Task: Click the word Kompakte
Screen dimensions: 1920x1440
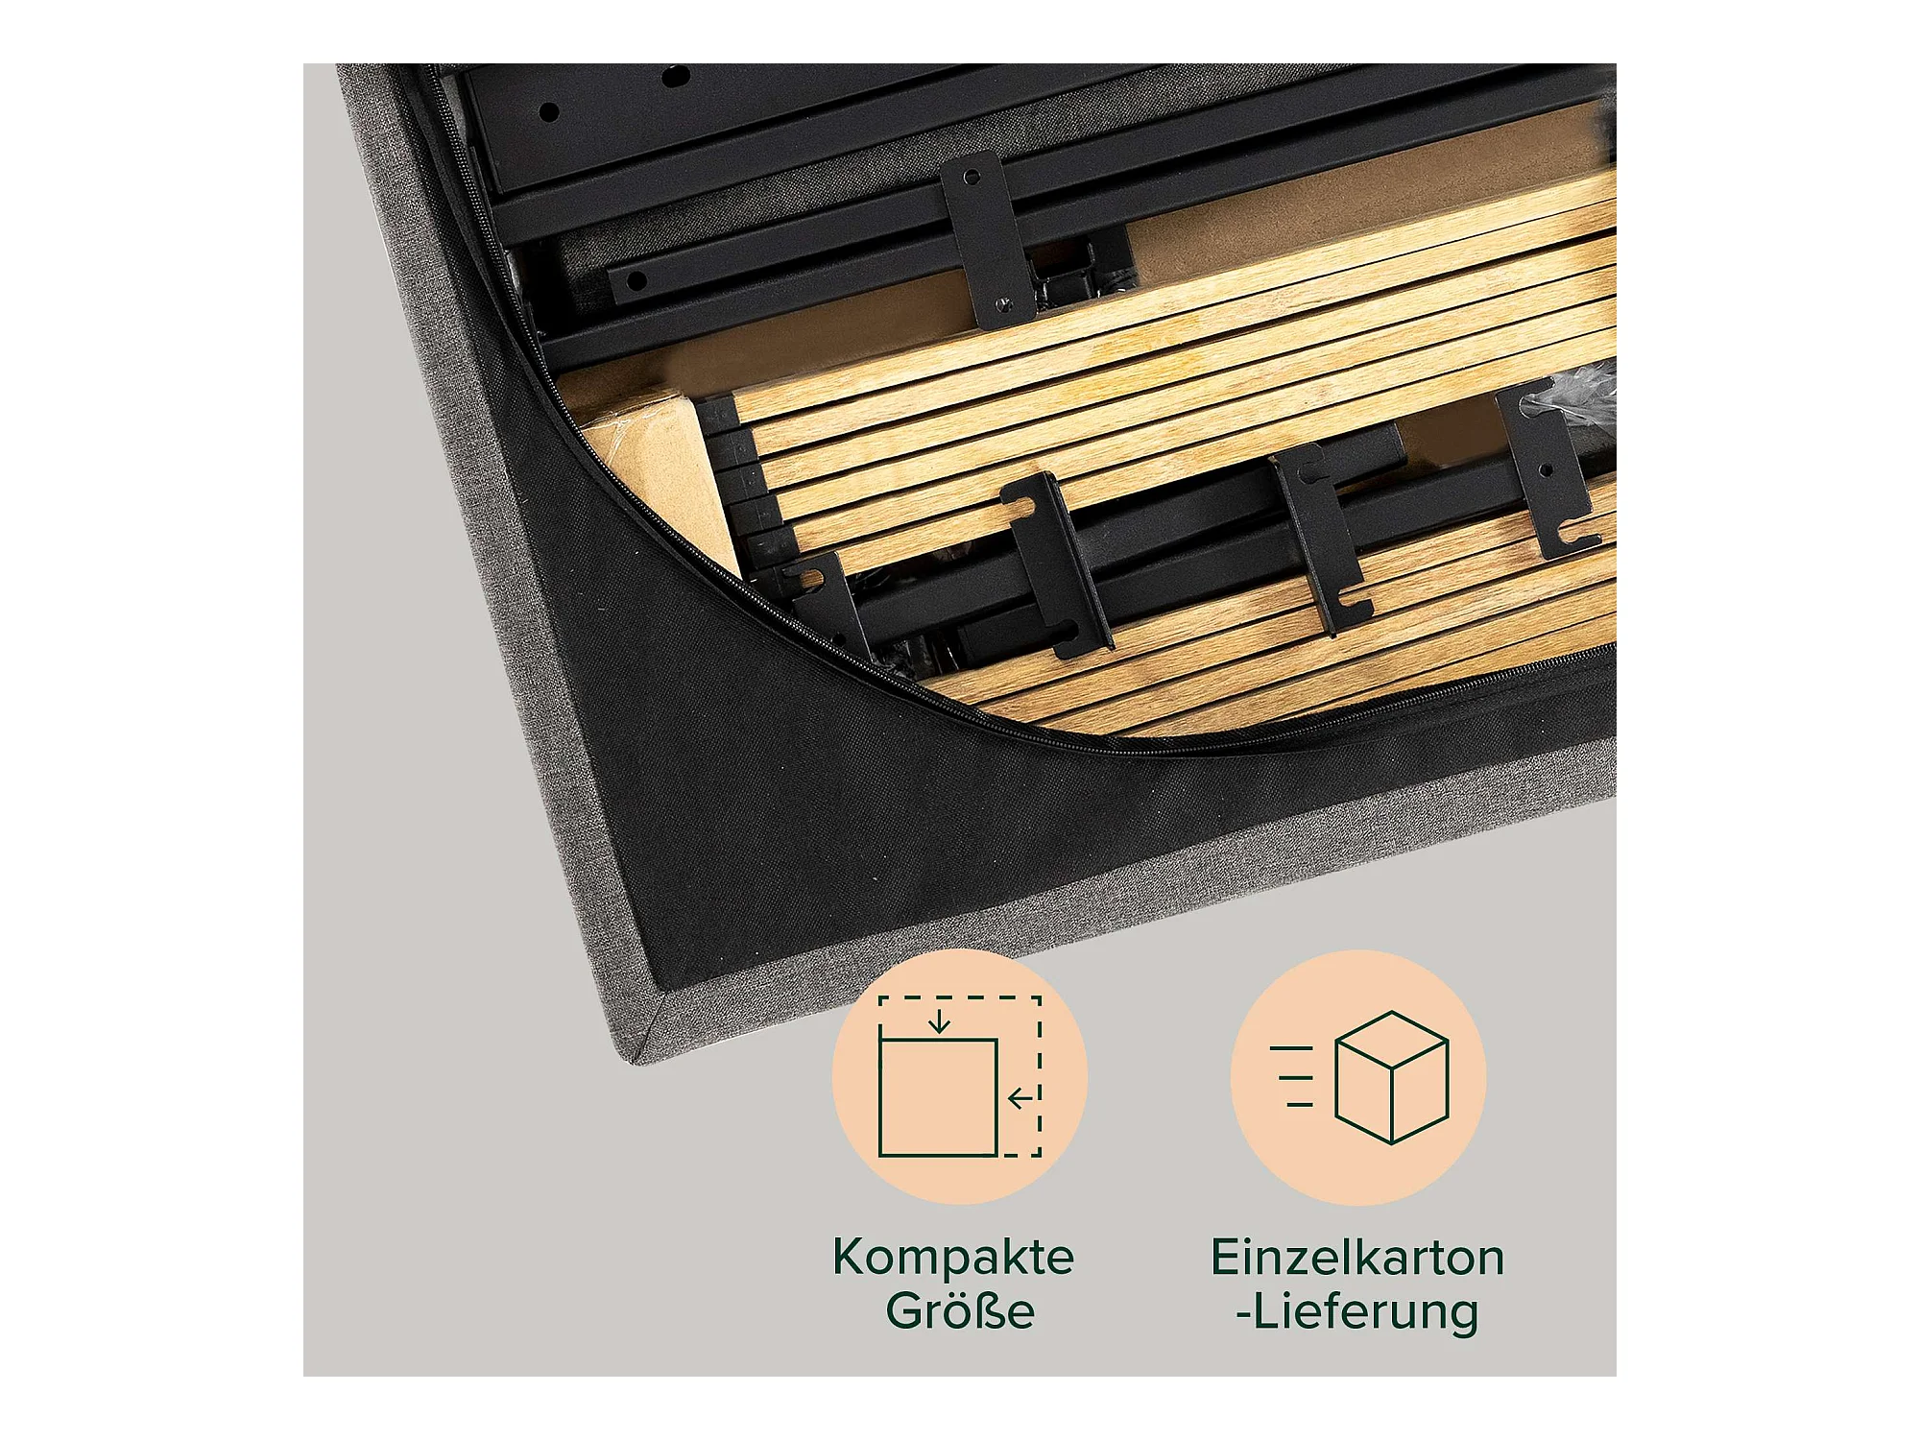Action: [953, 1257]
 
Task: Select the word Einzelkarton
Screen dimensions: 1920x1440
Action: [1357, 1258]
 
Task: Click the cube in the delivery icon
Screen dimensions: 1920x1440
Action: [1392, 1077]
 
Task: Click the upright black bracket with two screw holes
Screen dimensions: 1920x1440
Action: [987, 240]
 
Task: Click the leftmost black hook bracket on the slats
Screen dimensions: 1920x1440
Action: [821, 605]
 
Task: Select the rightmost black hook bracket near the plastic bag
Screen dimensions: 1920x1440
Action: [1548, 470]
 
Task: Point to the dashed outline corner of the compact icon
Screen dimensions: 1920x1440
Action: [1040, 998]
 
